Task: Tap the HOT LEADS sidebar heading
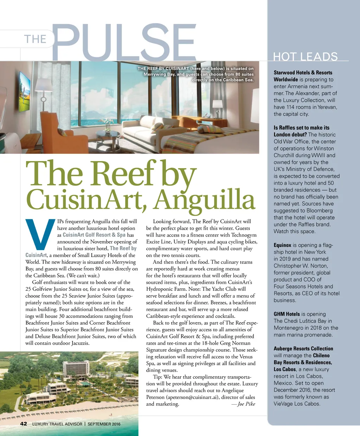[305, 57]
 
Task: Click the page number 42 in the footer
[24, 424]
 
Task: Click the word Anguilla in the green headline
[204, 199]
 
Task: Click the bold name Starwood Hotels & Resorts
[303, 72]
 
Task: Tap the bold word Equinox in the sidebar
[282, 245]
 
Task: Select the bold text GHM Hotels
[287, 314]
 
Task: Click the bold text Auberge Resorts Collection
[303, 348]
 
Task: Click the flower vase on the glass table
[107, 123]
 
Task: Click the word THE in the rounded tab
[35, 39]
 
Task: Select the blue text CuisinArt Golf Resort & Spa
[94, 235]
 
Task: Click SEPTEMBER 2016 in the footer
[104, 424]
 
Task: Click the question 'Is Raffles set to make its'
[302, 128]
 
